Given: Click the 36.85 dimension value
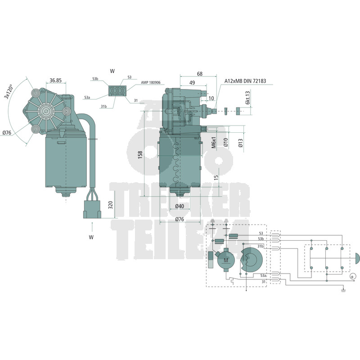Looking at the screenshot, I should [x=55, y=81].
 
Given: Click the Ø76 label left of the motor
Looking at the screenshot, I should [x=7, y=133].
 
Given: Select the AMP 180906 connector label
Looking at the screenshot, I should [x=151, y=83].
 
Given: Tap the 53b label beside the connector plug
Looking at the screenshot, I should [x=95, y=79].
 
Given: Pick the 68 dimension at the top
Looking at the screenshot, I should [x=199, y=74].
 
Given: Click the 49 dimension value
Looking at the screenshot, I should [x=192, y=83].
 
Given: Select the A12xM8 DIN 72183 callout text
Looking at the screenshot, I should [x=245, y=81].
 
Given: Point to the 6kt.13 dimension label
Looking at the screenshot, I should [x=247, y=98].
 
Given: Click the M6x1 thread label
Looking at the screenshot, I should [x=214, y=143].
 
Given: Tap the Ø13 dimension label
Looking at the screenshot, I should [x=241, y=143].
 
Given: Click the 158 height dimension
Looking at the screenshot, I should [x=140, y=155].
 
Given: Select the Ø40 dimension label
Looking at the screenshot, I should [x=180, y=207].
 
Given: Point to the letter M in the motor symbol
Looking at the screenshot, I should [x=226, y=261].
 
